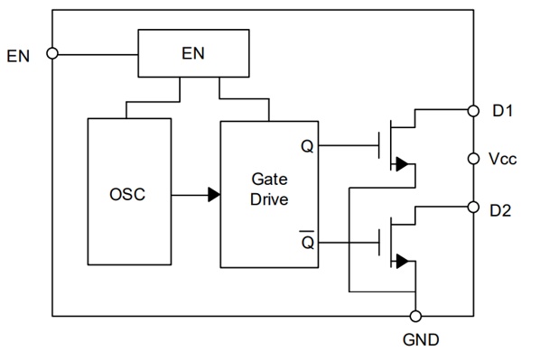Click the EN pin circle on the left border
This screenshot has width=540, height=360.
click(52, 53)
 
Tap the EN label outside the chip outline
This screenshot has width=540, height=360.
click(18, 56)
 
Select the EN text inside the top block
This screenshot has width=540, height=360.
click(193, 53)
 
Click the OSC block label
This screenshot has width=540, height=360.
click(127, 195)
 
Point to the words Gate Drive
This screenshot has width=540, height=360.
click(269, 189)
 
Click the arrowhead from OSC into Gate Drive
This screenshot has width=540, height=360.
click(214, 195)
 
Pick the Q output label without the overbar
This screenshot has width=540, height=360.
click(307, 146)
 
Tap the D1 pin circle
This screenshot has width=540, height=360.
click(473, 111)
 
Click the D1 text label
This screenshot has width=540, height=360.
click(503, 111)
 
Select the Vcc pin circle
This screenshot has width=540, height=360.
click(473, 159)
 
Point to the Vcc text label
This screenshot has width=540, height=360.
click(503, 159)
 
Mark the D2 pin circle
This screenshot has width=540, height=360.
click(473, 208)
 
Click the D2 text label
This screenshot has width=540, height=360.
click(500, 210)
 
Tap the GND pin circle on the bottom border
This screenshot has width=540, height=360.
click(415, 316)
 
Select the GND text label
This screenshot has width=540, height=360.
click(421, 340)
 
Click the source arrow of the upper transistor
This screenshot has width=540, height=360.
click(402, 164)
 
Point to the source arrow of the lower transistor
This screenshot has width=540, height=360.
click(402, 262)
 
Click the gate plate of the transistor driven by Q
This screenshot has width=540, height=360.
click(379, 145)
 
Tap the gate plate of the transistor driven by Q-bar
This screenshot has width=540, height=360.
click(379, 243)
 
